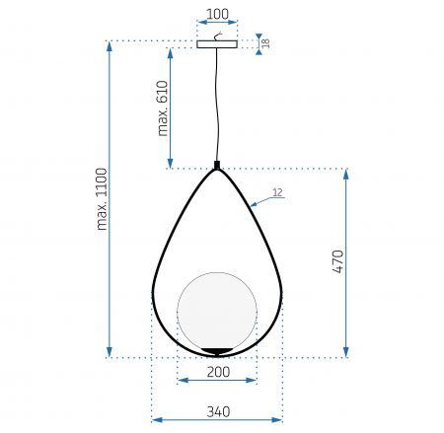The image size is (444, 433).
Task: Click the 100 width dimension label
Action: [217, 14]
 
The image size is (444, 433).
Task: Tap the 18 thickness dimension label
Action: [265, 43]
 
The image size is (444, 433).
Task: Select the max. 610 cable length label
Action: [163, 108]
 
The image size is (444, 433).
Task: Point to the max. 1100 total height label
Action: [102, 199]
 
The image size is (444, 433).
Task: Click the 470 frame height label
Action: [338, 261]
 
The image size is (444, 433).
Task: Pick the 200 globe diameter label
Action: [218, 372]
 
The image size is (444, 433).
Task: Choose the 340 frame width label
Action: [218, 411]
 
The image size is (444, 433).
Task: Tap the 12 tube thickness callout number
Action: [277, 192]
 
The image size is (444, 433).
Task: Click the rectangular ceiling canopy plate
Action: [217, 44]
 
